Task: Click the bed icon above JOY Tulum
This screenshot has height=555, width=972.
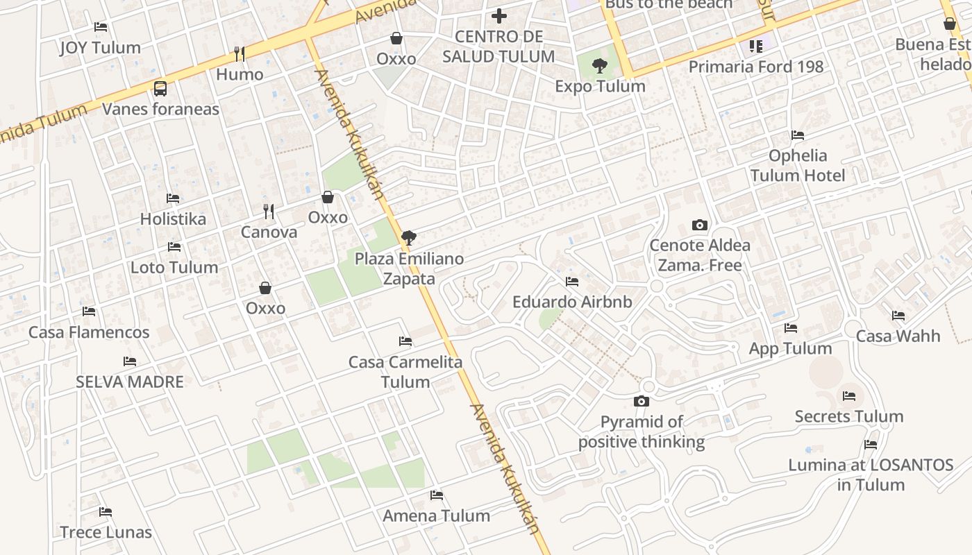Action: point(101,27)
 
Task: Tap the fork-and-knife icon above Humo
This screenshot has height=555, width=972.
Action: point(240,53)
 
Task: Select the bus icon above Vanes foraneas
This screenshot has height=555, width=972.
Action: point(160,88)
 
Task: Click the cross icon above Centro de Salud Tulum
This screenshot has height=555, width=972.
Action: point(498,15)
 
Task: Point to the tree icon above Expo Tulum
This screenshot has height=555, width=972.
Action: point(600,66)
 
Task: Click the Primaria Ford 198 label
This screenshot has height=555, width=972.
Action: point(755,67)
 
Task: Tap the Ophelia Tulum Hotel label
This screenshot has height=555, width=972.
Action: point(798,165)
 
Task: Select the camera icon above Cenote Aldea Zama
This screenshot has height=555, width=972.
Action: point(700,225)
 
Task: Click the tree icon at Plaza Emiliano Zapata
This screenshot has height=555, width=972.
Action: point(409,238)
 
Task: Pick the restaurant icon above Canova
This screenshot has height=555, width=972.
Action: point(269,211)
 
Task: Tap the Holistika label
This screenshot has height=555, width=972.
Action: point(173,219)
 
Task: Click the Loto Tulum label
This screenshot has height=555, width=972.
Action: point(174,267)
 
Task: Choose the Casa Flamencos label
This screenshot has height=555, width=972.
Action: point(89,332)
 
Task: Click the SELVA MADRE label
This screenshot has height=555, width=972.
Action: point(130,382)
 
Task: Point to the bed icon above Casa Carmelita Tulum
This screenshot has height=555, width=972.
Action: point(405,341)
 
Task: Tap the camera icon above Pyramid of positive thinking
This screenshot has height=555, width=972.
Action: point(641,401)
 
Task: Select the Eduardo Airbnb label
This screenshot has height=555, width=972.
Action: point(572,302)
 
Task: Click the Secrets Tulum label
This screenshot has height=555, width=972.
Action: point(848,416)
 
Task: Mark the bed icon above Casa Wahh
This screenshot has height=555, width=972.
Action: point(898,316)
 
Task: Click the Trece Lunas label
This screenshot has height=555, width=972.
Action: point(106,532)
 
